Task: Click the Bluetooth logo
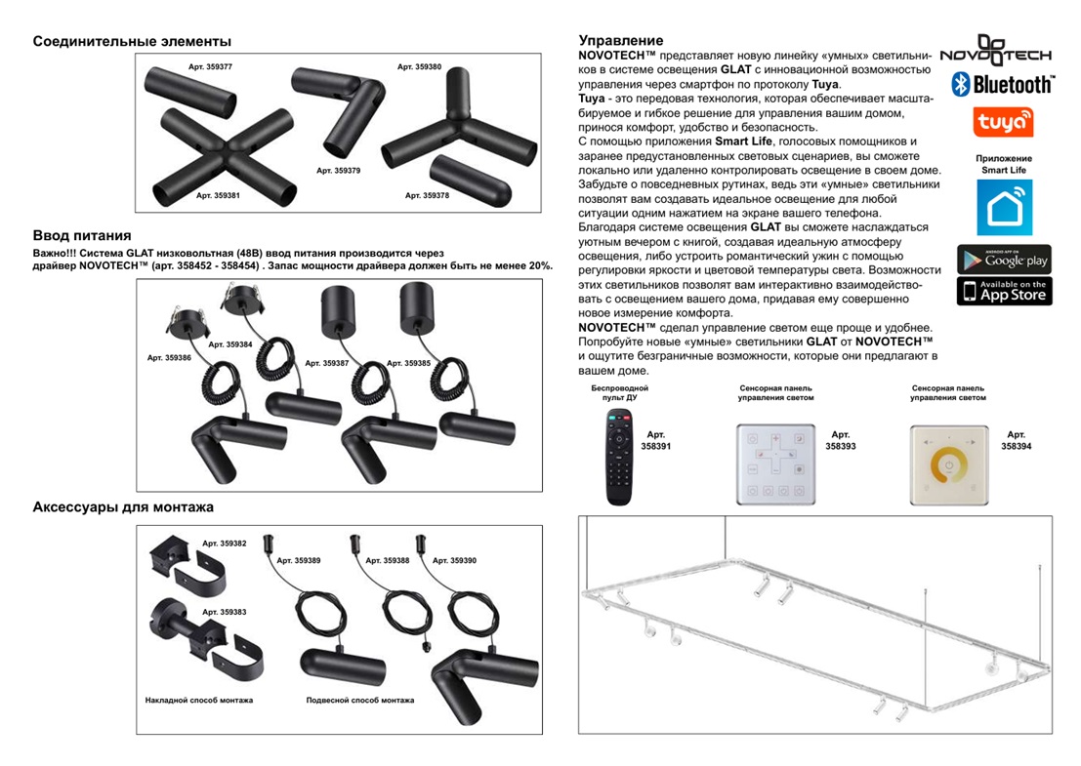1003,84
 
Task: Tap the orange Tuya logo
1004,122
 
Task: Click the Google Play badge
1004,260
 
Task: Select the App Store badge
1004,291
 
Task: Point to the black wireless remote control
619,456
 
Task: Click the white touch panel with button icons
775,464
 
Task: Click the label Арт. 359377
210,66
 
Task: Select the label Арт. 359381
218,195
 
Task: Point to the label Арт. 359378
427,195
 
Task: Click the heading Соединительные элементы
132,41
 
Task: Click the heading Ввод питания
82,235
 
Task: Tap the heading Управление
620,40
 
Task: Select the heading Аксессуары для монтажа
123,507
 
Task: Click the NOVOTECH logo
996,51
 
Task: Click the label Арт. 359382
224,543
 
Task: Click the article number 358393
840,445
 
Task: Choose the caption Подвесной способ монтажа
359,700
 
